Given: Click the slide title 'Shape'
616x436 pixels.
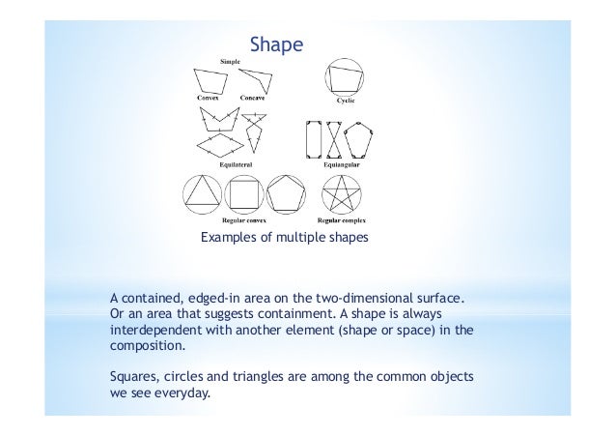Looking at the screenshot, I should point(277,44).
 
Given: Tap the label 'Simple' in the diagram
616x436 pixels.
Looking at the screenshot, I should point(231,61).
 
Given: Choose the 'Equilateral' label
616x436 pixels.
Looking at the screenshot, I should point(232,165).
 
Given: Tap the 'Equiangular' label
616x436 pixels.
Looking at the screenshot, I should point(343,165).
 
